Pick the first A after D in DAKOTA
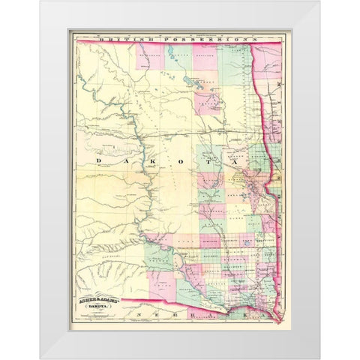(x=121, y=160)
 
